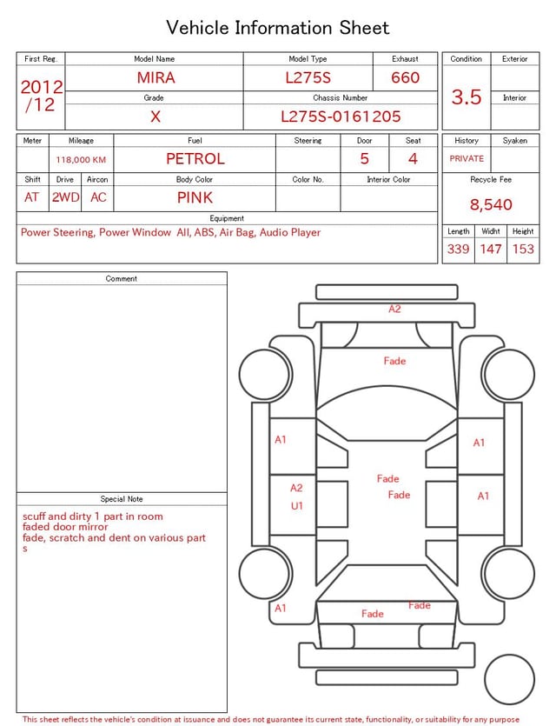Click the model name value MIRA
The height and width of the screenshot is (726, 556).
click(x=156, y=77)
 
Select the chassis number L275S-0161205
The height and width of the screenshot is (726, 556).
click(x=341, y=116)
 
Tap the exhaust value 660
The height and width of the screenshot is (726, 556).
click(x=405, y=77)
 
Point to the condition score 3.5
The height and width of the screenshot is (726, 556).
click(x=466, y=97)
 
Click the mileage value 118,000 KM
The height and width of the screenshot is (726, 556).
click(x=81, y=160)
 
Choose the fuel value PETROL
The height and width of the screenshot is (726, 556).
click(x=195, y=159)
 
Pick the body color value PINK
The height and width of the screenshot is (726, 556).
click(x=195, y=197)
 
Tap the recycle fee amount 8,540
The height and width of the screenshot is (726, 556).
click(x=491, y=205)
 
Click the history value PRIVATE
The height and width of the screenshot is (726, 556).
click(x=467, y=159)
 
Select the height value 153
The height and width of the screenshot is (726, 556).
click(x=523, y=250)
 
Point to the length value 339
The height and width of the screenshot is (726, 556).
click(x=458, y=250)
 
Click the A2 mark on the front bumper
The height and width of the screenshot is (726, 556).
click(x=394, y=309)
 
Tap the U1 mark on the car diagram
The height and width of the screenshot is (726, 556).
click(x=296, y=506)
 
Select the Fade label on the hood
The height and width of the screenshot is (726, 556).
click(x=394, y=361)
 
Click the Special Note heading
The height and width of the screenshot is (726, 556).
click(x=122, y=499)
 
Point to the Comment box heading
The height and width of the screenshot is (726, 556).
click(x=122, y=279)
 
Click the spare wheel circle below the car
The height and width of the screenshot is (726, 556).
click(x=510, y=679)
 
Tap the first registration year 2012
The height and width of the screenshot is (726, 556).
click(x=41, y=87)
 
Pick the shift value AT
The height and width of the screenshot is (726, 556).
click(x=32, y=197)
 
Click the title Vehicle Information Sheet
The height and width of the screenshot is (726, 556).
click(x=278, y=28)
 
